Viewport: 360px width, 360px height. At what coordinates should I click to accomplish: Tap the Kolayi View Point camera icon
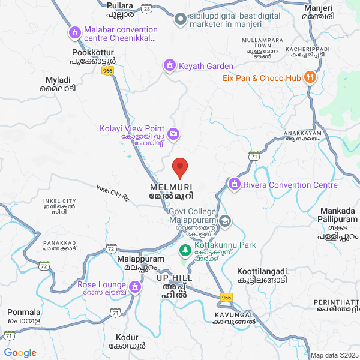[173, 133]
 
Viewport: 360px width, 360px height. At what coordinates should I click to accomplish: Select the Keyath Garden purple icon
[170, 65]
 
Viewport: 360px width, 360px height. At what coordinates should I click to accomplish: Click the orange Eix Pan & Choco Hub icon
[310, 77]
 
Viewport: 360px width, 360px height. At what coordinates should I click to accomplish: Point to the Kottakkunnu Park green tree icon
[185, 248]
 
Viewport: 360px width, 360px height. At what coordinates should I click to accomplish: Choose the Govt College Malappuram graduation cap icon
[225, 221]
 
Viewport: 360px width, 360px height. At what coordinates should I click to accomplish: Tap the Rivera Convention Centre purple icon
[235, 184]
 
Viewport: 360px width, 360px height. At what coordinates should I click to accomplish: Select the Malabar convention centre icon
[75, 32]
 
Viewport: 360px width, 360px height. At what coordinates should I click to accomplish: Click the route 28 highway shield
[147, 9]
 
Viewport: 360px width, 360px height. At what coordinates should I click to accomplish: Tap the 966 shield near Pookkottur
[107, 71]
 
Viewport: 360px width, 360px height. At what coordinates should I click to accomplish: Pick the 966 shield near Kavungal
[226, 296]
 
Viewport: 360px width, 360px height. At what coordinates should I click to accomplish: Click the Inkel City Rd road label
[113, 192]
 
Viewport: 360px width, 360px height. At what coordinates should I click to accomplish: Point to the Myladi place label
[58, 83]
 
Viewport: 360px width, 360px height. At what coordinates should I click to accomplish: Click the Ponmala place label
[24, 316]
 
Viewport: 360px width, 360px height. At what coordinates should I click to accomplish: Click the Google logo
[20, 352]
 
